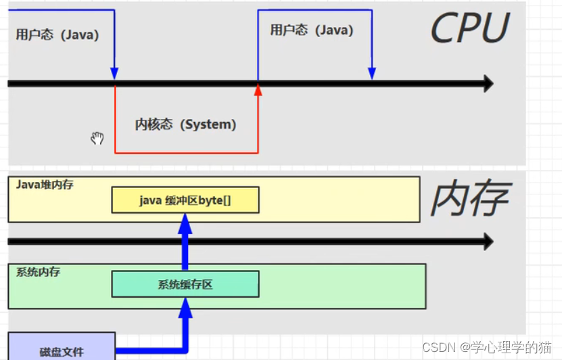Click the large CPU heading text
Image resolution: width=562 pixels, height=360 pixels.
pyautogui.click(x=469, y=28)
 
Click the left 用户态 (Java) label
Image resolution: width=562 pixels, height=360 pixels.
pyautogui.click(x=57, y=35)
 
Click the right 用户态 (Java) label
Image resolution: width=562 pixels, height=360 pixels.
pyautogui.click(x=312, y=30)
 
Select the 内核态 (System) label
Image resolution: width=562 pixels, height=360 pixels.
pyautogui.click(x=186, y=125)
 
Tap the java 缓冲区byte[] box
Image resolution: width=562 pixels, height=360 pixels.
pyautogui.click(x=185, y=200)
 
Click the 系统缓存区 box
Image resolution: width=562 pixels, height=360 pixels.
pyautogui.click(x=185, y=284)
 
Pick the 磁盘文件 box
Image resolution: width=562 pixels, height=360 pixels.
pyautogui.click(x=62, y=350)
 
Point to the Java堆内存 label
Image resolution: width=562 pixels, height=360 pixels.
pyautogui.click(x=45, y=184)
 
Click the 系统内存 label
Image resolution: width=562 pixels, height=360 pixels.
pyautogui.click(x=39, y=271)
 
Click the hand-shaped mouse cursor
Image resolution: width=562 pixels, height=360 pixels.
pyautogui.click(x=97, y=138)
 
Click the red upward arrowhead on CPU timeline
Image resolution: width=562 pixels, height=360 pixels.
pyautogui.click(x=258, y=89)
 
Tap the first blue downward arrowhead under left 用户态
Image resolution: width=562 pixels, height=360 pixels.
pyautogui.click(x=114, y=73)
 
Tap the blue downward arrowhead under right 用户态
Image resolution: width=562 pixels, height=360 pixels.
pyautogui.click(x=371, y=73)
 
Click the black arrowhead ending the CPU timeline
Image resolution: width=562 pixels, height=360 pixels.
pyautogui.click(x=486, y=84)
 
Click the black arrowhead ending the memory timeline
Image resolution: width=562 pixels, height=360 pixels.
pyautogui.click(x=486, y=242)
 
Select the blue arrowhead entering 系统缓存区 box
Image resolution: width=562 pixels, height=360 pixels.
pyautogui.click(x=185, y=308)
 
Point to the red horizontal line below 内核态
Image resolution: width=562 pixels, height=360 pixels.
pyautogui.click(x=186, y=152)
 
